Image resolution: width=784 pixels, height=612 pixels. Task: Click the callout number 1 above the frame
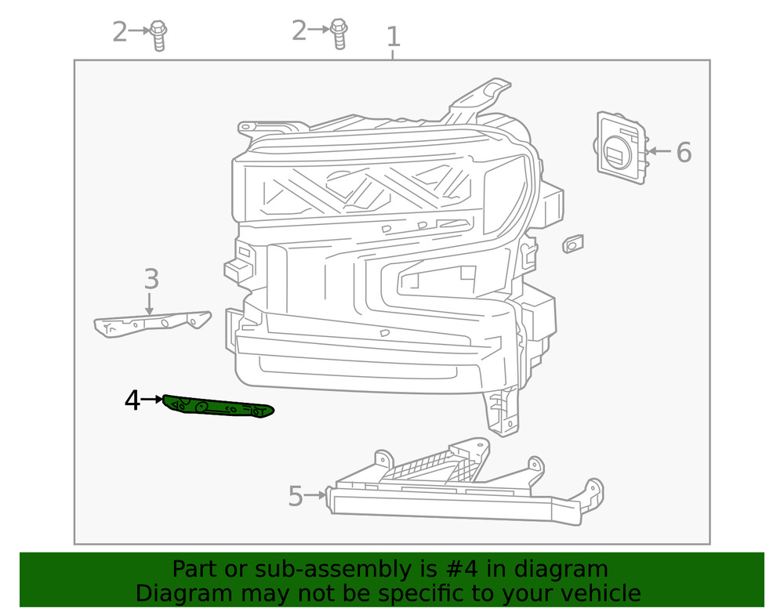tap(393, 36)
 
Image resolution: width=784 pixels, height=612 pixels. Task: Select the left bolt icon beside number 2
tap(158, 34)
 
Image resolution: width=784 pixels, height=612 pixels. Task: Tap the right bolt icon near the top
tap(339, 33)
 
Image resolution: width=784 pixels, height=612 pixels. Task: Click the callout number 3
tap(151, 279)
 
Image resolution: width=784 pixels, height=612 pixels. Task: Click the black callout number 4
tap(132, 401)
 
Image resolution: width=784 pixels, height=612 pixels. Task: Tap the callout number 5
tap(295, 496)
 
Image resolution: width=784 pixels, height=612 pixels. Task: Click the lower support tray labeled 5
tap(463, 490)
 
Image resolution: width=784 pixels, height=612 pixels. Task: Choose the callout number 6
tap(684, 153)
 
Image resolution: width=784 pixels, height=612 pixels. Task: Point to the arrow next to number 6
tap(659, 151)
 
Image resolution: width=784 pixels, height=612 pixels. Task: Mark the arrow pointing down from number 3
tap(150, 304)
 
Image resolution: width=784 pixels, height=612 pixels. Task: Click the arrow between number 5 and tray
tap(315, 495)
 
